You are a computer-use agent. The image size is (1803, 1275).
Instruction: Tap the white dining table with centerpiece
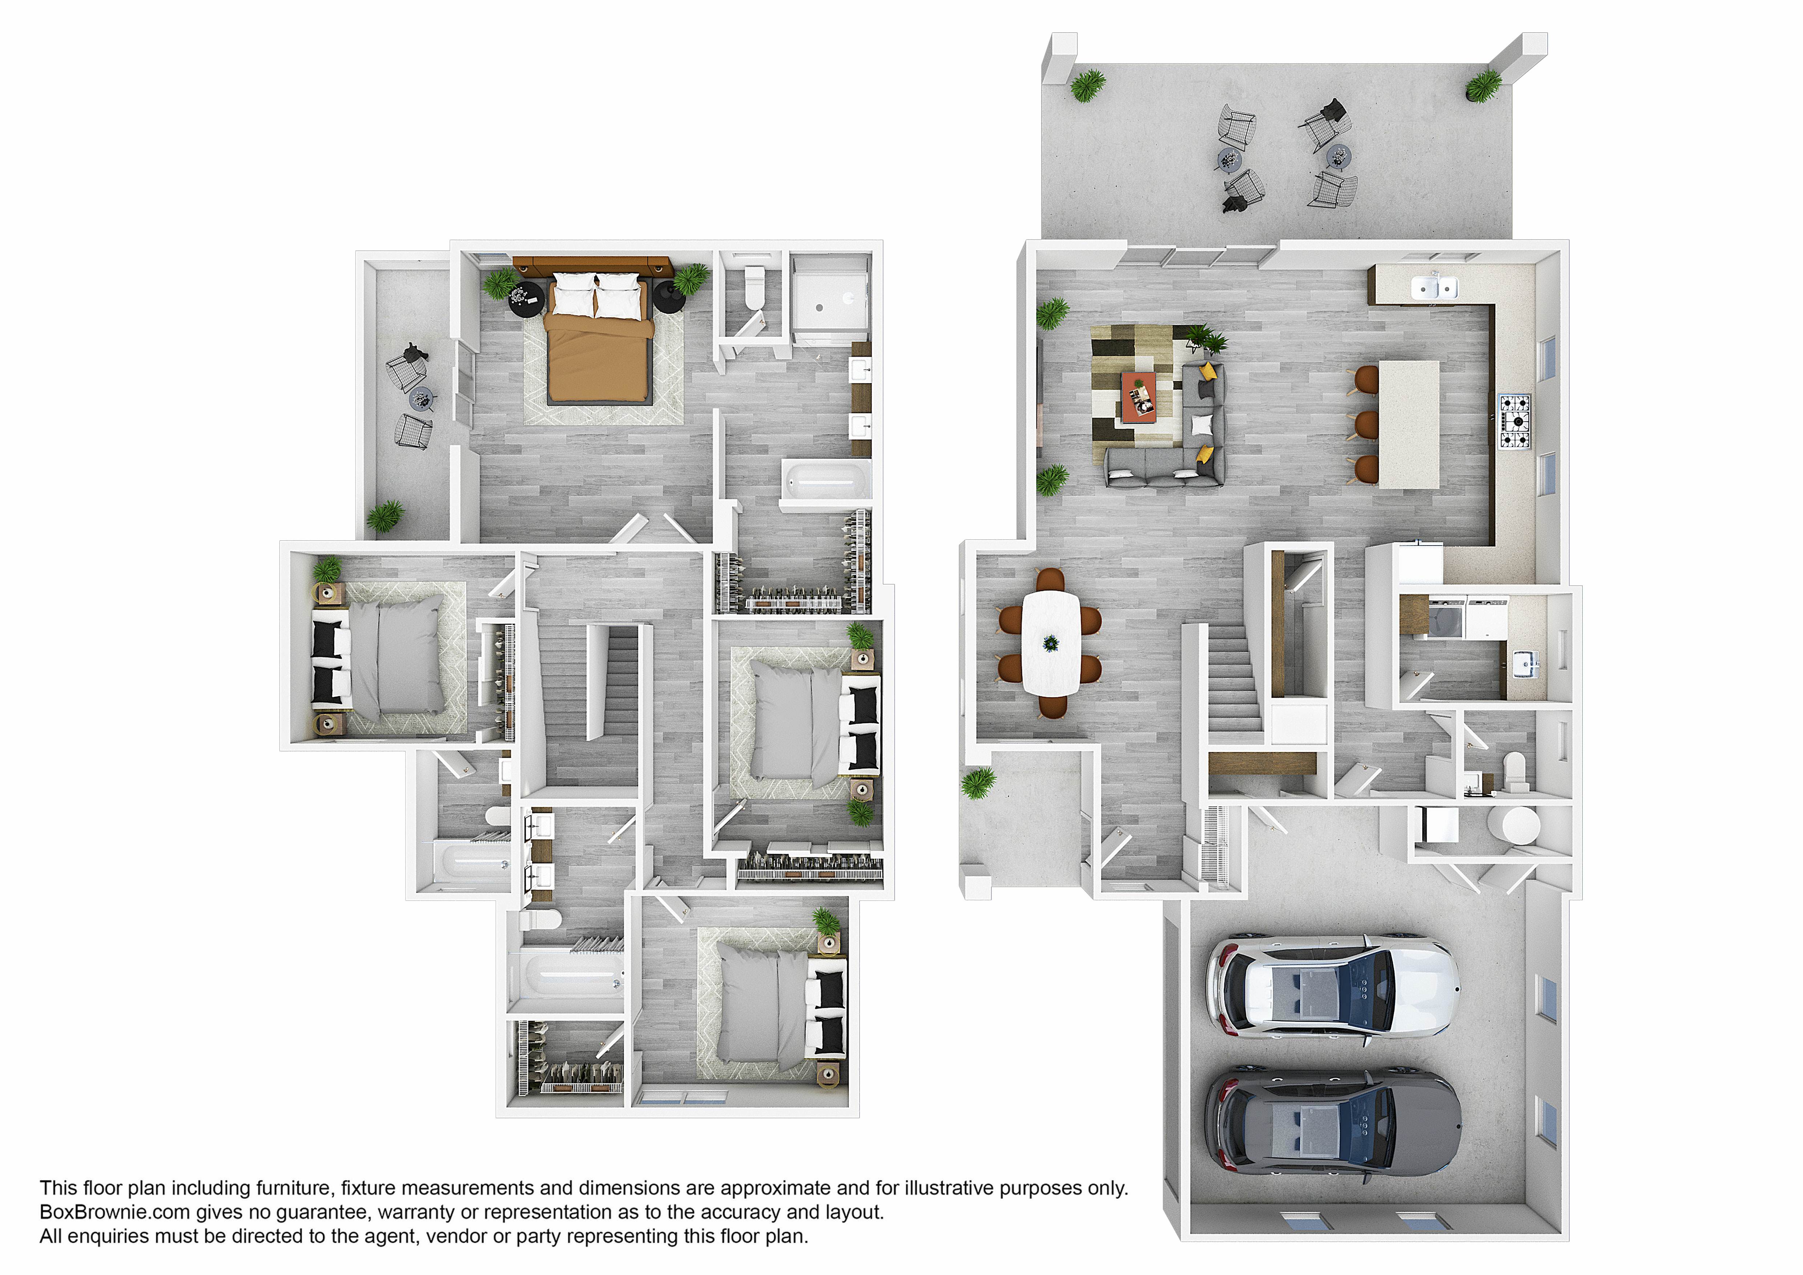1051,643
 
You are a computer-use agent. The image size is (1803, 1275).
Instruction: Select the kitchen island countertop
1409,424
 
